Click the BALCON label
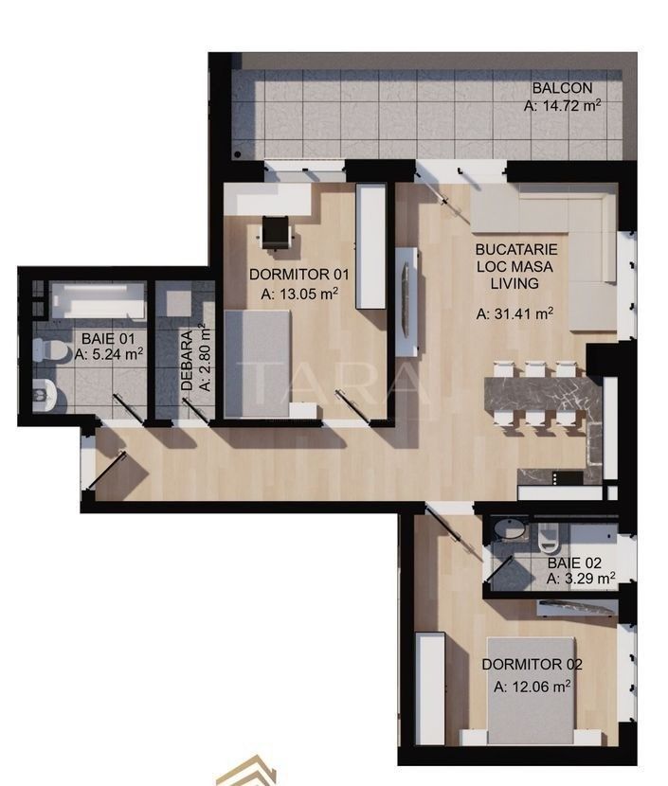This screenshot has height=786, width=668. pos(562,89)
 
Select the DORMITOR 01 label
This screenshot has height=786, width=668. pos(299,275)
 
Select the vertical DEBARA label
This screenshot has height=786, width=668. pos(188,361)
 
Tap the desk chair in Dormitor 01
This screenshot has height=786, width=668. pos(277,231)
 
